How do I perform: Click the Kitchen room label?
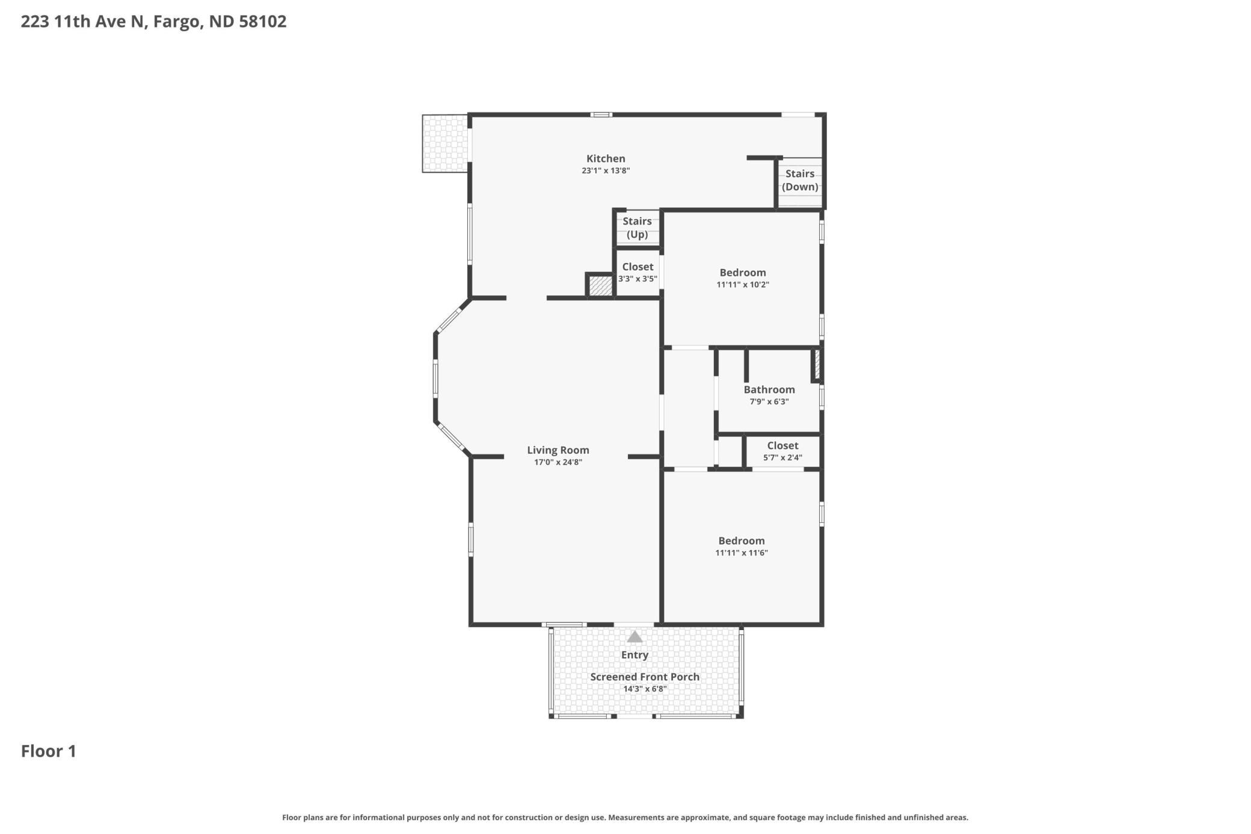[x=606, y=159]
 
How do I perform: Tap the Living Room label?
[x=558, y=450]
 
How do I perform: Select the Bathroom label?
[x=769, y=390]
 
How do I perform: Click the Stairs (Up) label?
[x=637, y=228]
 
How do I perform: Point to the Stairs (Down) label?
[x=800, y=181]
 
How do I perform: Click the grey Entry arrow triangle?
[x=635, y=637]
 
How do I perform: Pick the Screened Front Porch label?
[x=645, y=677]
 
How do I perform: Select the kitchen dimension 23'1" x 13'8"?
[x=606, y=171]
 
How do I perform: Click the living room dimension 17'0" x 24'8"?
[x=558, y=462]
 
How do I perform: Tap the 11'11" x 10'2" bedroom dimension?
[x=743, y=285]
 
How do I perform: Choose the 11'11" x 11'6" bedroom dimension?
[x=742, y=553]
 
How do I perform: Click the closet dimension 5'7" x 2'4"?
[x=782, y=458]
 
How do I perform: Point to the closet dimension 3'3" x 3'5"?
[x=638, y=279]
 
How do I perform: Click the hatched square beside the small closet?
[x=600, y=285]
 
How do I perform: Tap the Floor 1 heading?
[x=49, y=751]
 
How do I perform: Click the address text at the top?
[x=153, y=22]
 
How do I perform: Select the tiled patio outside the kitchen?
[x=445, y=143]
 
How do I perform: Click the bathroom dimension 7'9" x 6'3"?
[x=769, y=402]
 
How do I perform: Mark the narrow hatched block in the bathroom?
[x=817, y=364]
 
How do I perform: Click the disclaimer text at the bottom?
[x=625, y=817]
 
